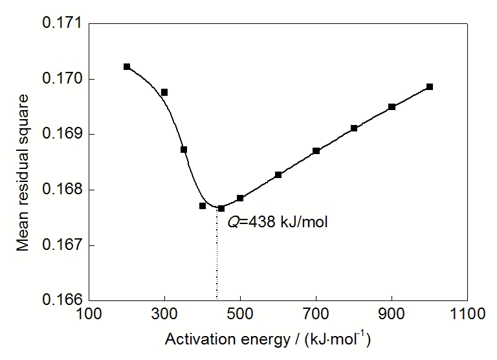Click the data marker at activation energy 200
click(x=127, y=67)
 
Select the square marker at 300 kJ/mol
click(x=164, y=93)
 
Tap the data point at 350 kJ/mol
click(x=184, y=150)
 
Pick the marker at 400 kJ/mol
click(x=203, y=206)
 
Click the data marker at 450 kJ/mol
click(x=221, y=208)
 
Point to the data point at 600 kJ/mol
click(x=278, y=175)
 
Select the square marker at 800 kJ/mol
click(x=354, y=128)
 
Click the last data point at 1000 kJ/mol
click(x=430, y=87)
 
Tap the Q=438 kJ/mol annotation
click(x=278, y=221)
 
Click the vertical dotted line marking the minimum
click(x=217, y=254)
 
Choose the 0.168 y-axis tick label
click(x=62, y=190)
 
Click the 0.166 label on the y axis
click(x=62, y=300)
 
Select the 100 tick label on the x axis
click(x=89, y=314)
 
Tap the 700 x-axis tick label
click(x=316, y=314)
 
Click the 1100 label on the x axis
click(x=467, y=314)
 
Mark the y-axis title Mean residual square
click(x=22, y=173)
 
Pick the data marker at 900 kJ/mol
click(x=392, y=107)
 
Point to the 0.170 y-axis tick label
click(x=62, y=78)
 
